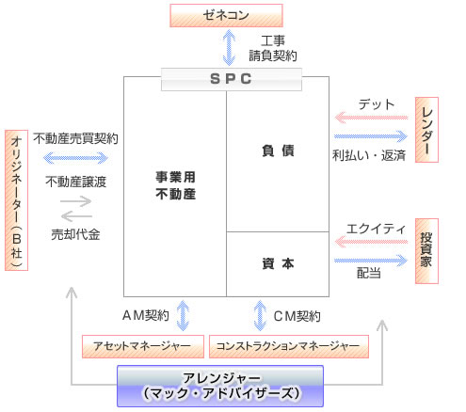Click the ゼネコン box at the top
coord(226,15)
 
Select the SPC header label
coord(232,79)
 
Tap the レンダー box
coord(426,130)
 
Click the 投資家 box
coord(426,251)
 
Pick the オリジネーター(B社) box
coord(17,200)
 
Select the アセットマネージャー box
coord(143,346)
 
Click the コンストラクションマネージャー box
coord(289,346)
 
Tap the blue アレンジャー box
coord(220,386)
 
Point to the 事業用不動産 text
coord(176,185)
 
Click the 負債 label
coord(278,151)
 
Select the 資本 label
coord(278,263)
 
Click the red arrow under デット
coord(371,118)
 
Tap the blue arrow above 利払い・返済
coord(371,136)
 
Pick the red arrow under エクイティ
coord(371,242)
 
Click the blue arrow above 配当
coord(371,261)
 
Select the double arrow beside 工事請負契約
coord(229,47)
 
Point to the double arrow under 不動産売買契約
coord(75,158)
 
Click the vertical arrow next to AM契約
coord(183,315)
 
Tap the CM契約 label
coord(297,316)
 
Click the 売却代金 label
coord(75,234)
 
